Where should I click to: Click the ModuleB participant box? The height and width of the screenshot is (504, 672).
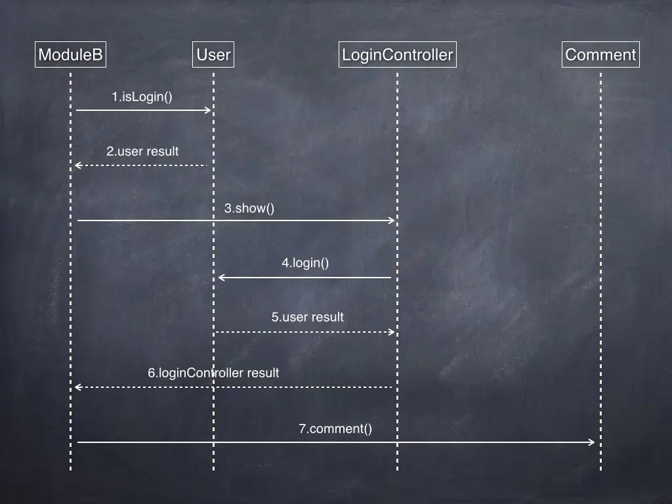point(70,54)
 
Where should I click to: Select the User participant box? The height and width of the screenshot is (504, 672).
point(213,54)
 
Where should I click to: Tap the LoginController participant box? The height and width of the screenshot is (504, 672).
point(397,54)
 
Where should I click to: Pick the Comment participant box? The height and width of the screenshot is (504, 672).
point(600,54)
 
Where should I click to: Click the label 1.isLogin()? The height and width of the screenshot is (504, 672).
point(142,97)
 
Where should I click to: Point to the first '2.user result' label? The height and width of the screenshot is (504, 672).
point(142,151)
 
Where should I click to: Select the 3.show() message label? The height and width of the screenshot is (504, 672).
point(249,209)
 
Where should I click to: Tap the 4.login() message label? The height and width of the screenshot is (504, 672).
point(305,263)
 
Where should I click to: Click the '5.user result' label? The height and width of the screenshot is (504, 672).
point(307,317)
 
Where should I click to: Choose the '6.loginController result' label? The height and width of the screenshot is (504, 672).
point(213,373)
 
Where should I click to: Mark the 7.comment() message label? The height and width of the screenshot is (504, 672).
point(335,429)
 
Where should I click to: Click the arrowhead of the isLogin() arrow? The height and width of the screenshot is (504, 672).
point(209,110)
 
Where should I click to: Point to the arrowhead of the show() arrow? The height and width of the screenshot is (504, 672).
point(392,220)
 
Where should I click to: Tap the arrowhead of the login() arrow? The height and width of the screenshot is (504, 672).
point(220,278)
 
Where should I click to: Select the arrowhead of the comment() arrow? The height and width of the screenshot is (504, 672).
point(592,442)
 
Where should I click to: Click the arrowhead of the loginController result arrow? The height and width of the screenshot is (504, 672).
point(77,387)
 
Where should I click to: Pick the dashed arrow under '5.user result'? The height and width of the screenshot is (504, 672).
point(305,332)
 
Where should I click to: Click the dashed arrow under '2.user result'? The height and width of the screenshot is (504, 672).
point(141,165)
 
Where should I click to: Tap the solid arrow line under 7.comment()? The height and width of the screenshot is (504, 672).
point(335,442)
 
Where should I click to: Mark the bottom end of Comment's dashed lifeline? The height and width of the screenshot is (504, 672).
point(600,469)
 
